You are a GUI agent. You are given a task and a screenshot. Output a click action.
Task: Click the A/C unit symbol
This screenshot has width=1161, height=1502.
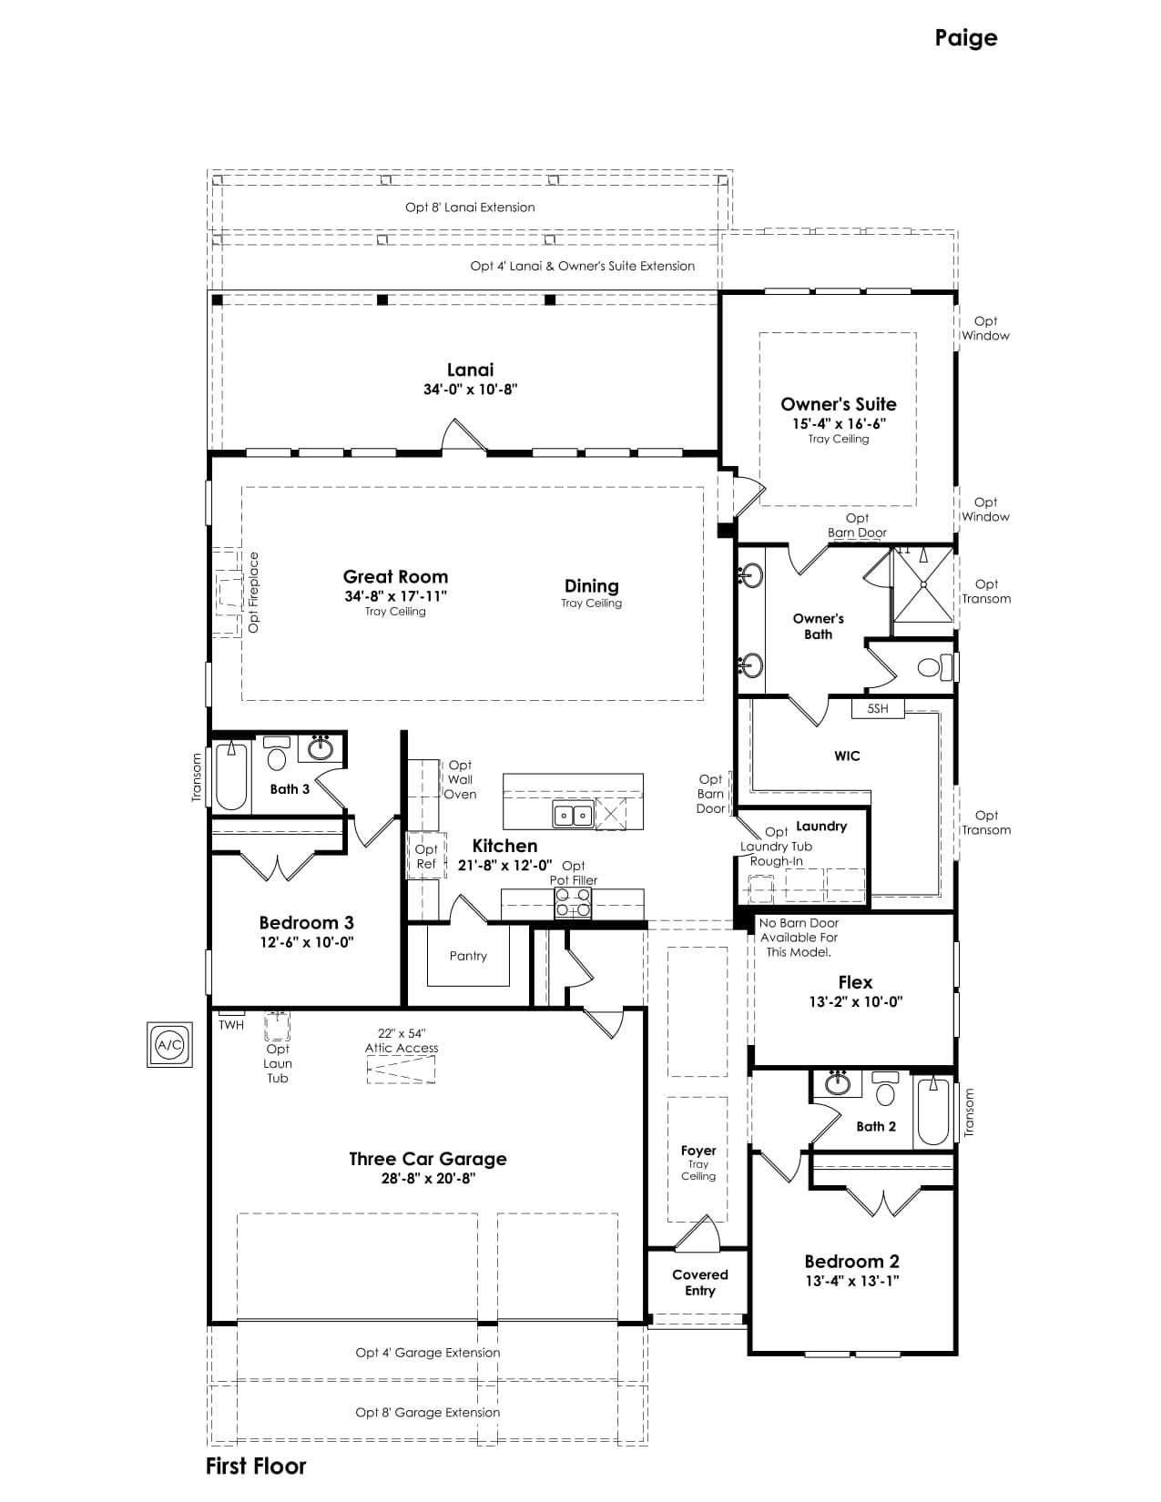click(x=169, y=1044)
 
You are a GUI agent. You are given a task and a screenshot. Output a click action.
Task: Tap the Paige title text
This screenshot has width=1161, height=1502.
click(x=965, y=38)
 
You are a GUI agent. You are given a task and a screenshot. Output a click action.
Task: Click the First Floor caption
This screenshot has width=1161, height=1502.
click(x=256, y=1466)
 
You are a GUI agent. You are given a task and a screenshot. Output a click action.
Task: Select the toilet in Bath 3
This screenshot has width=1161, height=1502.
click(x=277, y=753)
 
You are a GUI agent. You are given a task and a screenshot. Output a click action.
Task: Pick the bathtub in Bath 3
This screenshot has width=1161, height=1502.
click(x=231, y=775)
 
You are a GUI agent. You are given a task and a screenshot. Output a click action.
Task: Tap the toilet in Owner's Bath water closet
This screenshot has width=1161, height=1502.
click(x=934, y=668)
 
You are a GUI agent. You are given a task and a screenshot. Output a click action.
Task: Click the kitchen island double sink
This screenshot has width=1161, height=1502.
click(x=574, y=815)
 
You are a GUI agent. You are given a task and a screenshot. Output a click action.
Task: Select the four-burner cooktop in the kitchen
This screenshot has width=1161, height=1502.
click(x=574, y=903)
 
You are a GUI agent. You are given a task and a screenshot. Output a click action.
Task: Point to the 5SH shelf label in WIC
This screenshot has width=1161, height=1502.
click(x=878, y=708)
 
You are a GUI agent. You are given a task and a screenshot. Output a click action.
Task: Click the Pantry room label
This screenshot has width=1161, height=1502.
click(x=468, y=956)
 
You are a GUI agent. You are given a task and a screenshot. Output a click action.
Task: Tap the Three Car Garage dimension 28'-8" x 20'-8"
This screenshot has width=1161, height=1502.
click(x=428, y=1179)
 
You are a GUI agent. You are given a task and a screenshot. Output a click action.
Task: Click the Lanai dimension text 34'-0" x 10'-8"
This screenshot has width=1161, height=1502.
click(x=470, y=389)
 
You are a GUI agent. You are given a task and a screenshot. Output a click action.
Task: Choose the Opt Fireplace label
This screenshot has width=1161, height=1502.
click(x=253, y=592)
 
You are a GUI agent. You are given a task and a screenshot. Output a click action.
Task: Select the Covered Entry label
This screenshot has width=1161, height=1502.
click(x=699, y=1283)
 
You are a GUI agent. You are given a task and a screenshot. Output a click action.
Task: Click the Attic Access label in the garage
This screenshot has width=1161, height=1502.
click(x=402, y=1048)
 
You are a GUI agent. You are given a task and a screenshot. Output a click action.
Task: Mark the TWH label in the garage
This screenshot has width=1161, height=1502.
click(x=231, y=1025)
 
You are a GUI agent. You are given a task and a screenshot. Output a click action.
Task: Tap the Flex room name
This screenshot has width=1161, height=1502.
click(x=855, y=982)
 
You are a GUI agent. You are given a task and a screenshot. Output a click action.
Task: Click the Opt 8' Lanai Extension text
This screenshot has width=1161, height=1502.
click(x=470, y=208)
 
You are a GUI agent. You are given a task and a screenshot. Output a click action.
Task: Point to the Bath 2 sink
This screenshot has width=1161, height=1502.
click(x=838, y=1084)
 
